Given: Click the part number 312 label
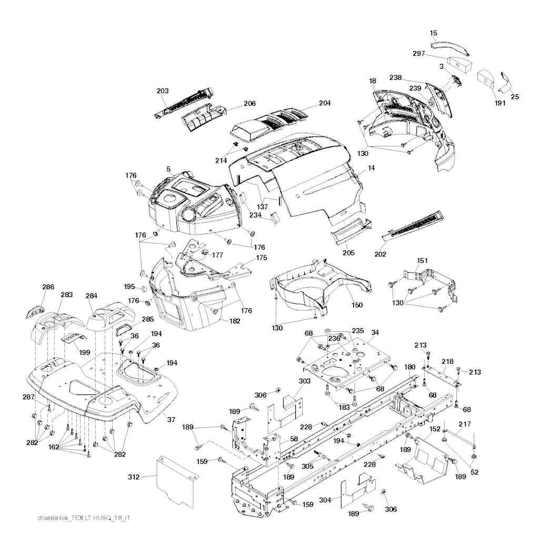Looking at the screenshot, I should [x=134, y=477].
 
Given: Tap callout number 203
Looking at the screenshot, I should [x=163, y=91].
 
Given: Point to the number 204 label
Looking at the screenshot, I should [x=324, y=103].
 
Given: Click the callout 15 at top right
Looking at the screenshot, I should [x=434, y=33].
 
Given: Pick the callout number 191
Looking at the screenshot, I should [x=500, y=103].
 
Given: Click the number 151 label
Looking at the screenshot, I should [x=422, y=260].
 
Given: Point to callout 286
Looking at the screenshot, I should [x=48, y=287].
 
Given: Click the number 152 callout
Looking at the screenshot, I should [x=435, y=429].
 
